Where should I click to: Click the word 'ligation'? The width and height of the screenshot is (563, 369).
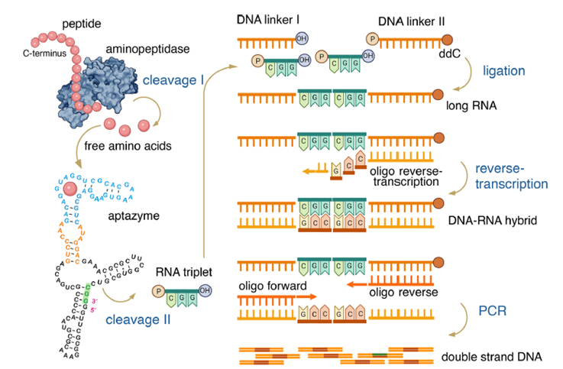(504, 70)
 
